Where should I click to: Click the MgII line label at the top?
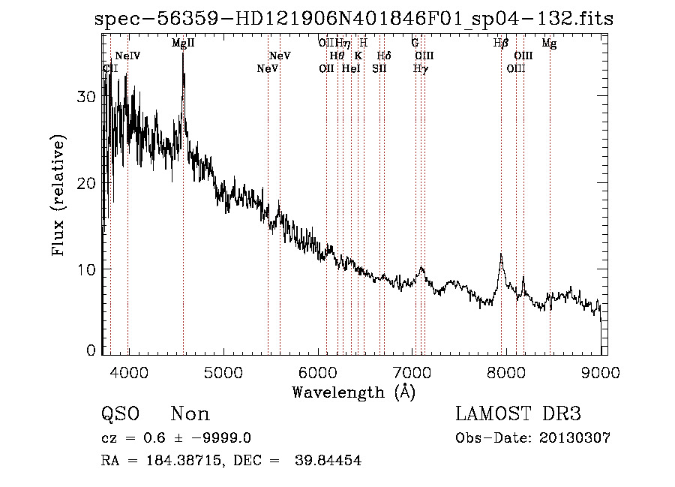(183, 44)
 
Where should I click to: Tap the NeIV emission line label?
(127, 56)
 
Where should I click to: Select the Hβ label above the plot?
(501, 44)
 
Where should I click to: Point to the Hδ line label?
(383, 56)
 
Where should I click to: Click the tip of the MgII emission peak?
(183, 54)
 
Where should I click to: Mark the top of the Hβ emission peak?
(501, 254)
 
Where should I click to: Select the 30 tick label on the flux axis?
(87, 97)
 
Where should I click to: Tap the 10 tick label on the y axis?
(87, 269)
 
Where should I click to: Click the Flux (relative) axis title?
(58, 195)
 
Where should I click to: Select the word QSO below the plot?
(120, 414)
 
